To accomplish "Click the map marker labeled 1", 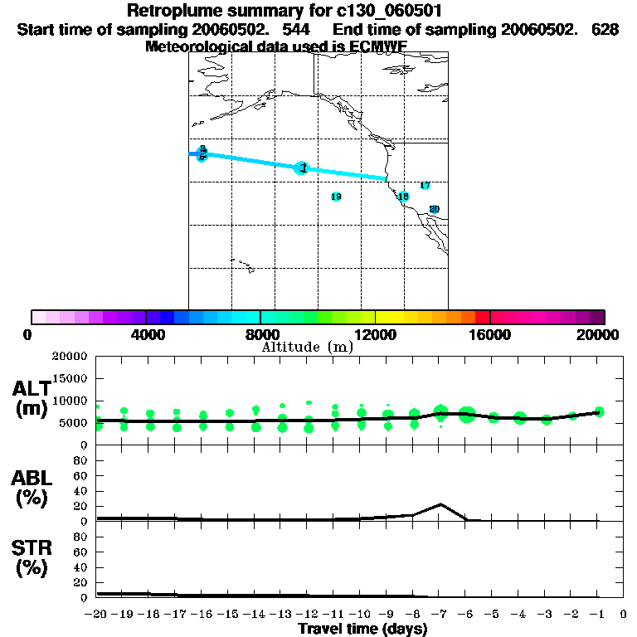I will (x=302, y=168).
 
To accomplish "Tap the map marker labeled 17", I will (x=425, y=186).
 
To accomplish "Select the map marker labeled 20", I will (x=433, y=210).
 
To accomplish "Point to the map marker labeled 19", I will (x=403, y=197).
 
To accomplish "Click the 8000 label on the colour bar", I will (x=261, y=334).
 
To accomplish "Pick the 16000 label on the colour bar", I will (x=490, y=334).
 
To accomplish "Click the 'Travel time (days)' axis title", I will (x=362, y=629).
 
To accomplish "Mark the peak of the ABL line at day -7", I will (x=441, y=504).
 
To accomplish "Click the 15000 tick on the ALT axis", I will (x=71, y=378).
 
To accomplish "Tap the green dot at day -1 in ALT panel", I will (x=599, y=411).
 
